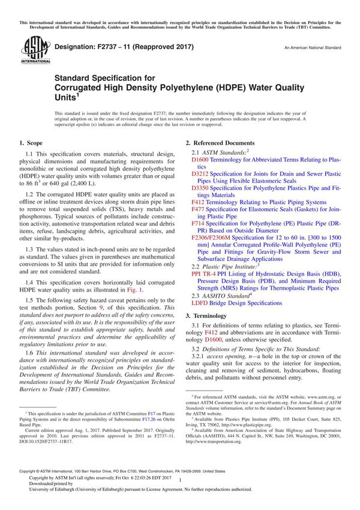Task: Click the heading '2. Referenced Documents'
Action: pyautogui.click(x=221, y=143)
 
